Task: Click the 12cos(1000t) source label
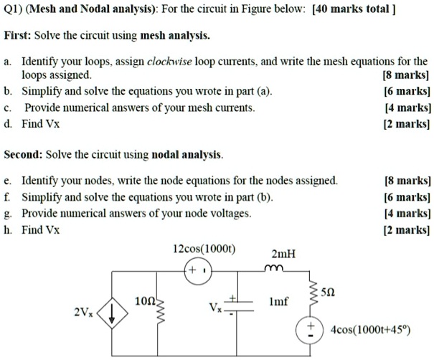(206, 249)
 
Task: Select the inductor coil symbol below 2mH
(275, 269)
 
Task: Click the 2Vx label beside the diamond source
(84, 313)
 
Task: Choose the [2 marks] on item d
(408, 123)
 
